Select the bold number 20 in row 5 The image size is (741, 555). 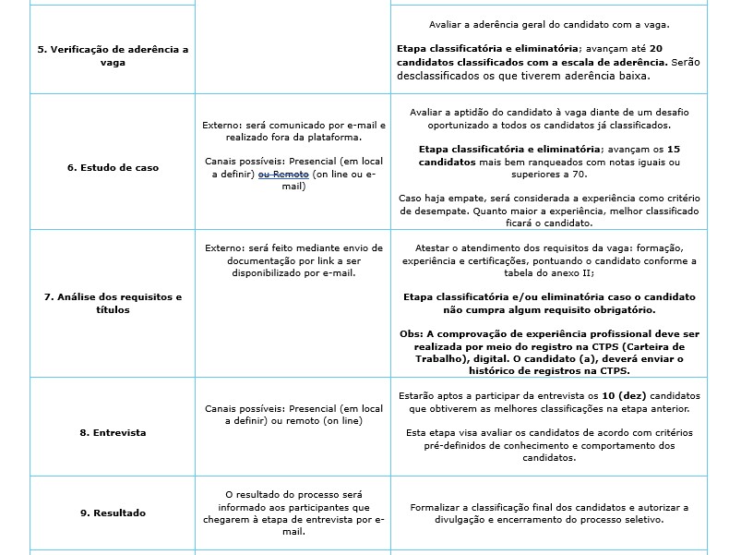657,48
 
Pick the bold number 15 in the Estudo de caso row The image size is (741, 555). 673,149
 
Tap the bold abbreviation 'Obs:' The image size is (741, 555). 412,332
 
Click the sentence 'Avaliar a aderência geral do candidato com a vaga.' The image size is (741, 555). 549,24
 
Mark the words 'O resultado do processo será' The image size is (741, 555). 292,495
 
